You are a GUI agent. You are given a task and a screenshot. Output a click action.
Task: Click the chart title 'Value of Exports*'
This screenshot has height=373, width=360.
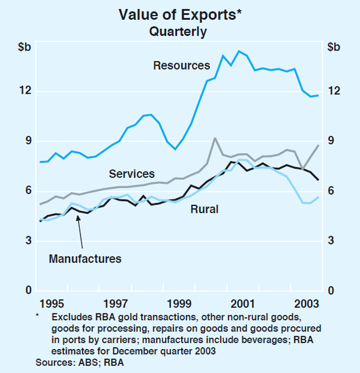coord(180,14)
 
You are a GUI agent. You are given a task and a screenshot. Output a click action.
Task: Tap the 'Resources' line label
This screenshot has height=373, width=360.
coord(181,65)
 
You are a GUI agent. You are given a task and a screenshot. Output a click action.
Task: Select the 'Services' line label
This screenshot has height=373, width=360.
coord(131,174)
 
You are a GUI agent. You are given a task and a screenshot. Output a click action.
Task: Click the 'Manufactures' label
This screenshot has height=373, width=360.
coord(85,259)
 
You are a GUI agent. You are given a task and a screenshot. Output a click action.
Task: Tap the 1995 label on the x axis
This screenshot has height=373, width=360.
coord(53,303)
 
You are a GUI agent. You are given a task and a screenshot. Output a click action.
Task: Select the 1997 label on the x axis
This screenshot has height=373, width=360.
coord(116,303)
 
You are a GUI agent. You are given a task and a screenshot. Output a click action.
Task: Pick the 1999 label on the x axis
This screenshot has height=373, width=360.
coord(179,303)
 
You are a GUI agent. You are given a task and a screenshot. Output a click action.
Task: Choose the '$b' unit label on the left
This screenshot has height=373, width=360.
coord(25,47)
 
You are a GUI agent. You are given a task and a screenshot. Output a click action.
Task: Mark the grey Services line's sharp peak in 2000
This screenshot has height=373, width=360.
coord(215,138)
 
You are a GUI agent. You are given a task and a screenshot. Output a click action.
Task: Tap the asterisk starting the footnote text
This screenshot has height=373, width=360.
coord(38,315)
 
